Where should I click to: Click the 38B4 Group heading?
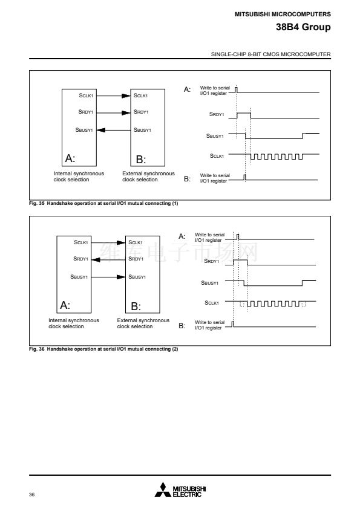(x=303, y=27)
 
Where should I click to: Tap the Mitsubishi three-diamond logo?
(x=163, y=490)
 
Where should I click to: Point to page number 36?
(x=31, y=494)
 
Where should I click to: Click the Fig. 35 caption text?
(x=103, y=203)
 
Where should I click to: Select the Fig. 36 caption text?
(x=103, y=349)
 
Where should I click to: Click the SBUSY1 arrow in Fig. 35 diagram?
(x=113, y=130)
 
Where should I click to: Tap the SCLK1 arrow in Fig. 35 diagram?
(x=113, y=96)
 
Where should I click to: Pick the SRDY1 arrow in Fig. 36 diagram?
(x=108, y=259)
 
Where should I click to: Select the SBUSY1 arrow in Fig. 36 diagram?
(x=108, y=277)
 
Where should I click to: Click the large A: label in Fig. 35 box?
(x=70, y=158)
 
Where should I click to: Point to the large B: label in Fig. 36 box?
(x=136, y=306)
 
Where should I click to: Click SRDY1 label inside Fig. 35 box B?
(x=141, y=112)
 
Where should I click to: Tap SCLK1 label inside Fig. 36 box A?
(x=81, y=242)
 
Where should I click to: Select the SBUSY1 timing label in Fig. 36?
(x=209, y=283)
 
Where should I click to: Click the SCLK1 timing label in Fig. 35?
(x=217, y=156)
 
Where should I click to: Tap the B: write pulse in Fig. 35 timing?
(x=244, y=177)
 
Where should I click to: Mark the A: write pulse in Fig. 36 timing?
(x=238, y=236)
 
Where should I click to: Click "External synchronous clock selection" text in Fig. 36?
(x=143, y=323)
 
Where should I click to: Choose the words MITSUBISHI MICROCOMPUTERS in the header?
(x=283, y=15)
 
